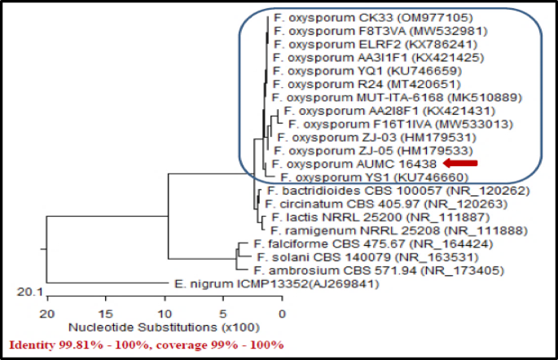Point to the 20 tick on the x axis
click(48, 313)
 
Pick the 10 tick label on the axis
click(165, 313)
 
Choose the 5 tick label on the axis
click(224, 313)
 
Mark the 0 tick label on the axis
click(282, 313)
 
